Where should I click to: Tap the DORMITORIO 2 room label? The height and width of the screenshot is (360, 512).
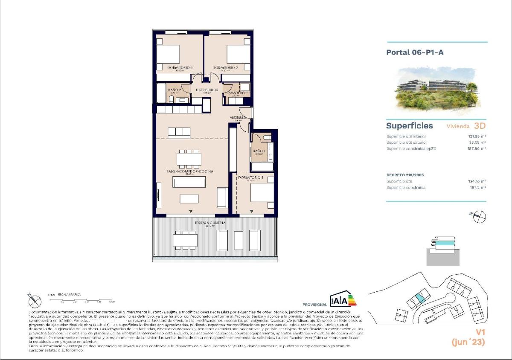coord(225,67)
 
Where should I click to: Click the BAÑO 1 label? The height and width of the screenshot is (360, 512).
coord(259,151)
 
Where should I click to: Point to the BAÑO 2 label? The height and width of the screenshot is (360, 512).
coord(175,90)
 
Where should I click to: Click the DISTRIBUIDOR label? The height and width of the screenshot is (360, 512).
coord(207,90)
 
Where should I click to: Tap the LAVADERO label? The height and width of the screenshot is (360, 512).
coord(235,93)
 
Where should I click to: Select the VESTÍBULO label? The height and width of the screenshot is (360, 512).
coord(238,117)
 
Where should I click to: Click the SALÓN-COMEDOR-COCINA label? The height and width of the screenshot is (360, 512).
coord(189,171)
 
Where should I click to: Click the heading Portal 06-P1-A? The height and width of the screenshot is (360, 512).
coord(412,52)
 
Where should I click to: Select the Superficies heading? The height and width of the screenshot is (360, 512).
coord(409,126)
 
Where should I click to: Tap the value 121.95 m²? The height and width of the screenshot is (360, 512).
coord(477,136)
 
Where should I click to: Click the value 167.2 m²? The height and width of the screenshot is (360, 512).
coord(478,188)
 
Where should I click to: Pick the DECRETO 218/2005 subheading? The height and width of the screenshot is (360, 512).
coord(405,175)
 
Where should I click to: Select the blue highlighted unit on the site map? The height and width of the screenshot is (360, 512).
coord(419,298)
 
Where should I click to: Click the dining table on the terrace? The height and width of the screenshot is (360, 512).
coord(185,240)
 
